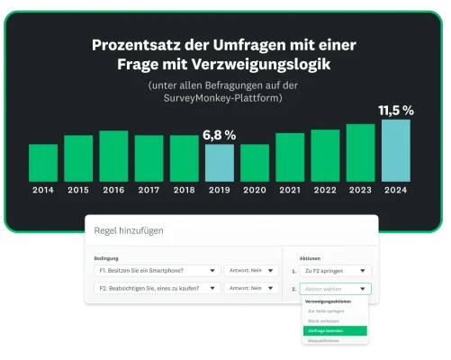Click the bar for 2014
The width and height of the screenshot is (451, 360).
tap(43, 162)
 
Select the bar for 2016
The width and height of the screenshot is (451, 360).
tap(113, 156)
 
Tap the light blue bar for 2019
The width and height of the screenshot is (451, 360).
tap(219, 162)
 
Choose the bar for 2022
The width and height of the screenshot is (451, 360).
tap(325, 155)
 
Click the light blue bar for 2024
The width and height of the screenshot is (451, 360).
tap(395, 150)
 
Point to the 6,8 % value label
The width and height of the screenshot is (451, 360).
tap(219, 135)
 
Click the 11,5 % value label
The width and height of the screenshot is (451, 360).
tap(395, 111)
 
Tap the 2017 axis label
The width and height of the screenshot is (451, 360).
tap(149, 190)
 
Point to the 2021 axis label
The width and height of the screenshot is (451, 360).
tap(290, 190)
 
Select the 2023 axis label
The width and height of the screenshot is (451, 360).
tap(360, 190)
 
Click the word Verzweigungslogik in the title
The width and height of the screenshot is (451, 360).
tap(268, 65)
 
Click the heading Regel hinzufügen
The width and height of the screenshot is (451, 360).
tap(129, 231)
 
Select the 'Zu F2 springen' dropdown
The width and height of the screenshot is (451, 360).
tap(335, 270)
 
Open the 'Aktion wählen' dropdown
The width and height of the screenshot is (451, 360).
tap(335, 289)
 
